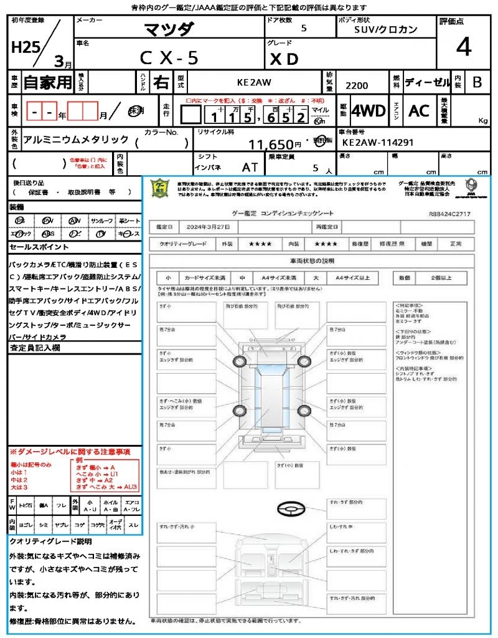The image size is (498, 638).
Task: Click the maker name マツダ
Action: pos(169,29)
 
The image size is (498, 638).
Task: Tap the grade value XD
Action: pos(284,59)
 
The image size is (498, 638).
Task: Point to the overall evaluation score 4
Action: pos(463,47)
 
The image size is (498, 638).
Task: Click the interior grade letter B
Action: pos(477,82)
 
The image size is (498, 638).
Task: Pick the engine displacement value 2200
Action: pos(356,85)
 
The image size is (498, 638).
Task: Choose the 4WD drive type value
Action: pos(369,112)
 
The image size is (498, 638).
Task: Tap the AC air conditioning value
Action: pos(419,112)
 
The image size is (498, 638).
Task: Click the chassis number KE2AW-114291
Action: pos(377,143)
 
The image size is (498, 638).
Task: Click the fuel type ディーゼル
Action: pos(428,82)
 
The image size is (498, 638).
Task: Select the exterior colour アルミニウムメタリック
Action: pos(75,140)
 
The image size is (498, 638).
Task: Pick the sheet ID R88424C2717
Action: pos(449,214)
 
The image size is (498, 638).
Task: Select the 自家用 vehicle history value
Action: pos(48,82)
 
